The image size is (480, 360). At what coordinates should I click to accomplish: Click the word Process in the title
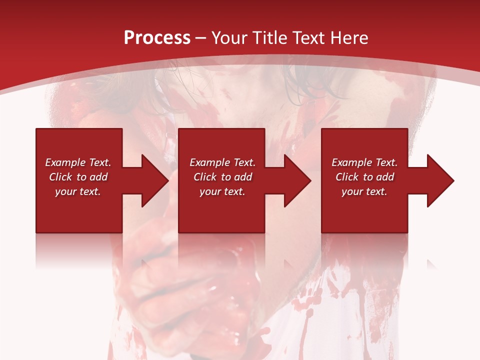click(157, 38)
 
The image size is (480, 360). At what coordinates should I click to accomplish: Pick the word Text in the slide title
click(309, 38)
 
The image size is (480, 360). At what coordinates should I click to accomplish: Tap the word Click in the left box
click(60, 177)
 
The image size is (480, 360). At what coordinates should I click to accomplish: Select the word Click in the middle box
click(205, 177)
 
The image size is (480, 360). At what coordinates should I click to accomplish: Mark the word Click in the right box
click(347, 177)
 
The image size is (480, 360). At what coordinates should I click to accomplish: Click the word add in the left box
click(98, 177)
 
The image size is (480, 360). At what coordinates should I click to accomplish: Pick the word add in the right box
click(385, 177)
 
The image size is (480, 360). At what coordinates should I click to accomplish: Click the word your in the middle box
click(210, 192)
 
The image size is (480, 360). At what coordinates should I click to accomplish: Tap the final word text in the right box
click(376, 192)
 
